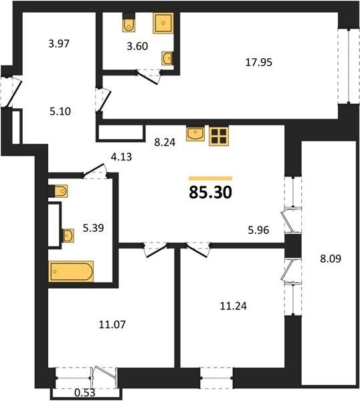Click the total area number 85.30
click(x=211, y=192)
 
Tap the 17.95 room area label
click(x=258, y=62)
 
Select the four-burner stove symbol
click(x=219, y=136)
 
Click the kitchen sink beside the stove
click(x=195, y=134)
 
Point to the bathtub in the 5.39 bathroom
click(x=71, y=271)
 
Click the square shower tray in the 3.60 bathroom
click(x=163, y=23)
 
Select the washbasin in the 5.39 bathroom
click(x=68, y=235)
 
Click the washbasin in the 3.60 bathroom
click(x=167, y=58)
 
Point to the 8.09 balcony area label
click(x=331, y=259)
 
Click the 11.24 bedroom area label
click(x=234, y=306)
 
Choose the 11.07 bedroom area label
click(x=112, y=325)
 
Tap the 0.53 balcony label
click(x=85, y=392)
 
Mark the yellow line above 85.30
click(x=211, y=178)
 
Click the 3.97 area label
click(x=59, y=43)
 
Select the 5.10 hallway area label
click(x=60, y=112)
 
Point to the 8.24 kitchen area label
click(x=165, y=142)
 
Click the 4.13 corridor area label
click(x=121, y=156)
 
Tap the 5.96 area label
click(x=258, y=230)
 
